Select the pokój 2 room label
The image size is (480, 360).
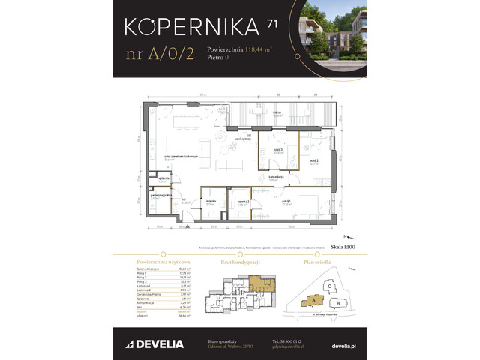click(x=313, y=160)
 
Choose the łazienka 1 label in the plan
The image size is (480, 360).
click(x=210, y=202)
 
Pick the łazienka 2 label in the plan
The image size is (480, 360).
click(x=242, y=202)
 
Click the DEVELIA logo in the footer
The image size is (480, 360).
click(x=151, y=343)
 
